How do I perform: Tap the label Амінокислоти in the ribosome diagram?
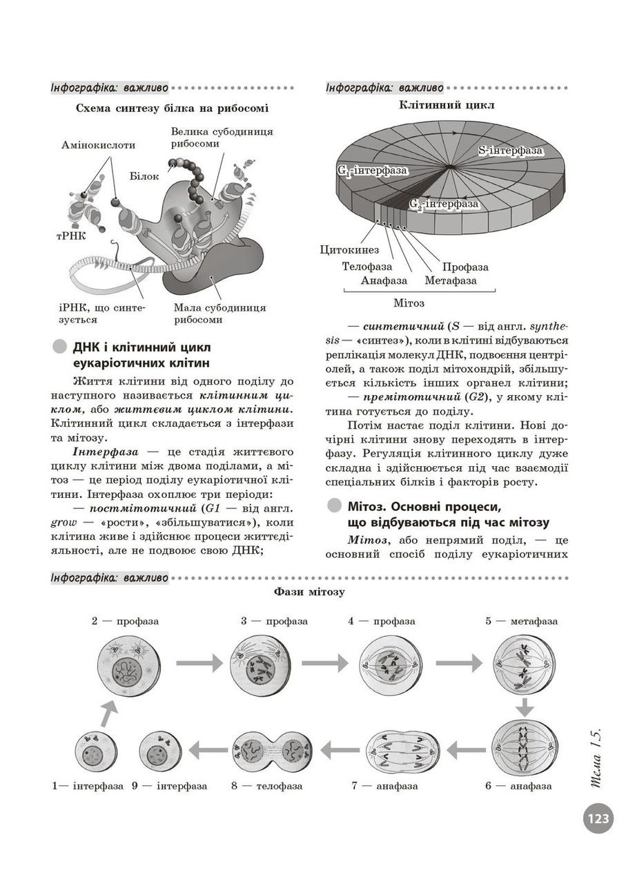coord(98,145)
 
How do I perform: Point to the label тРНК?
coord(71,236)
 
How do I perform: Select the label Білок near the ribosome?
coord(144,176)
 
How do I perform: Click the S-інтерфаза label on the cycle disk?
coord(510,150)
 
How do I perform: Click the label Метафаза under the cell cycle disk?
coord(450,280)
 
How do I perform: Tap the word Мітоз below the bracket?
coord(409,303)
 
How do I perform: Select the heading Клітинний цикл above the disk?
coord(447,106)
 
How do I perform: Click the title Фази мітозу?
coord(309,592)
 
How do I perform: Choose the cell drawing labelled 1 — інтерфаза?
coord(95,751)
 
